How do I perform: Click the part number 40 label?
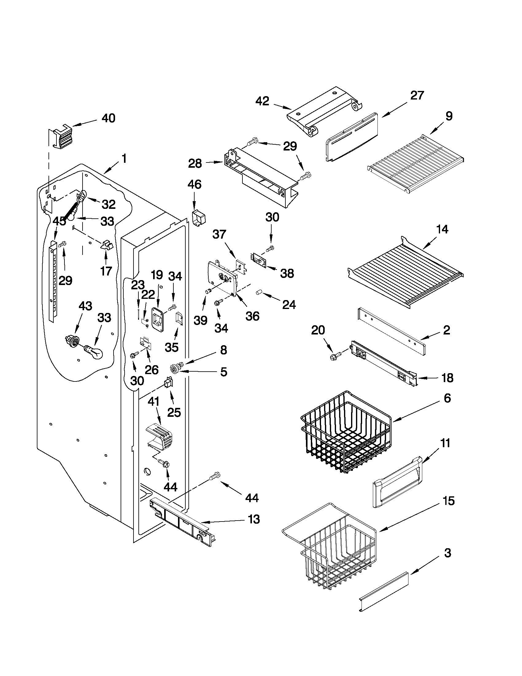pyautogui.click(x=109, y=118)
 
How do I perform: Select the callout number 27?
pyautogui.click(x=417, y=96)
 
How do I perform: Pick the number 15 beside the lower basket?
pyautogui.click(x=448, y=501)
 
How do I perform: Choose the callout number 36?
pyautogui.click(x=252, y=316)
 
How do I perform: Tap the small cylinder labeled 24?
pyautogui.click(x=259, y=292)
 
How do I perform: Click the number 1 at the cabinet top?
pyautogui.click(x=124, y=159)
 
